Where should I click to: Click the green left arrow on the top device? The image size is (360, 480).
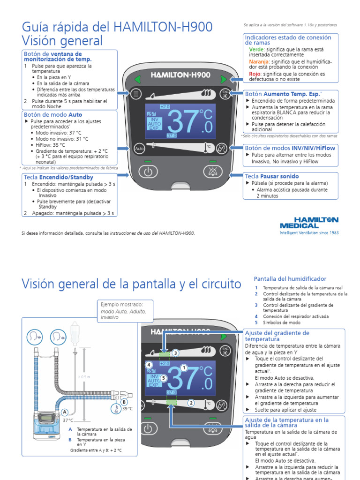click(x=137, y=79)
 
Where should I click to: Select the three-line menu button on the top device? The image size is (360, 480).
click(x=136, y=94)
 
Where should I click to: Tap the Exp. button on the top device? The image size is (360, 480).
click(x=225, y=93)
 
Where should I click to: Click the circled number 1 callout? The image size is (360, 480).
click(x=184, y=368)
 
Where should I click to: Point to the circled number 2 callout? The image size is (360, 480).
click(x=191, y=402)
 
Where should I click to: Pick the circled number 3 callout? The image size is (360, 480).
click(x=175, y=353)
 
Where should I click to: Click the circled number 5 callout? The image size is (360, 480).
click(x=163, y=378)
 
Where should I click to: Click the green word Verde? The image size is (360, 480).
click(x=257, y=49)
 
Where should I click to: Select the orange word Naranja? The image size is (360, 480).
click(x=259, y=61)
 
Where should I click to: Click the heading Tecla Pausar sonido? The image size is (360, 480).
click(x=272, y=176)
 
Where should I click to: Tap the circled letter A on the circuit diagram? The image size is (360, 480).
click(x=65, y=412)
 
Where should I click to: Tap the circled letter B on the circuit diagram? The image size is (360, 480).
click(x=124, y=402)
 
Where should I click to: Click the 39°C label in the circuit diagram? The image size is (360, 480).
click(x=127, y=409)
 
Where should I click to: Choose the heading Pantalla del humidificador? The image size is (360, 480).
click(x=290, y=279)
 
